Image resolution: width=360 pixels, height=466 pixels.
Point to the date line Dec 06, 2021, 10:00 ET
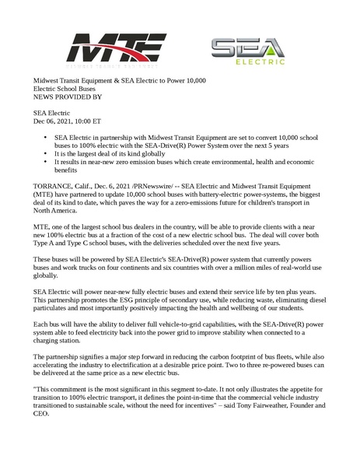67,122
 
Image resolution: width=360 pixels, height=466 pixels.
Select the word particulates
56,328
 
